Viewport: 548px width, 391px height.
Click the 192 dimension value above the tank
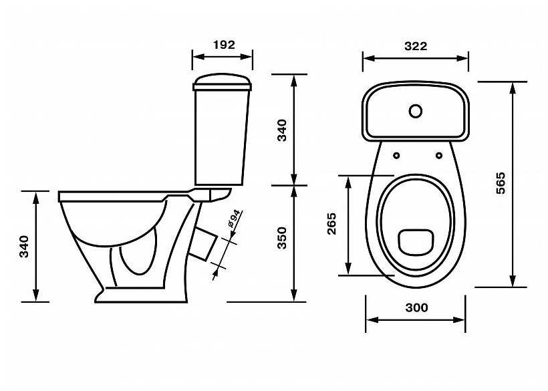[x=223, y=45]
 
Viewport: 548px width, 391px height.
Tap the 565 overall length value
[x=501, y=183]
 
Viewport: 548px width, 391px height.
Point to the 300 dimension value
[x=416, y=308]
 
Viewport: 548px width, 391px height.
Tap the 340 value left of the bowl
[x=24, y=247]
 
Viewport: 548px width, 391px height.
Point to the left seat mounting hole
[x=397, y=156]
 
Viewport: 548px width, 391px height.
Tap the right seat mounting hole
[x=439, y=156]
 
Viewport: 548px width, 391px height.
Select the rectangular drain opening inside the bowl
[x=416, y=241]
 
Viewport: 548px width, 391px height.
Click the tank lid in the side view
[x=223, y=82]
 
